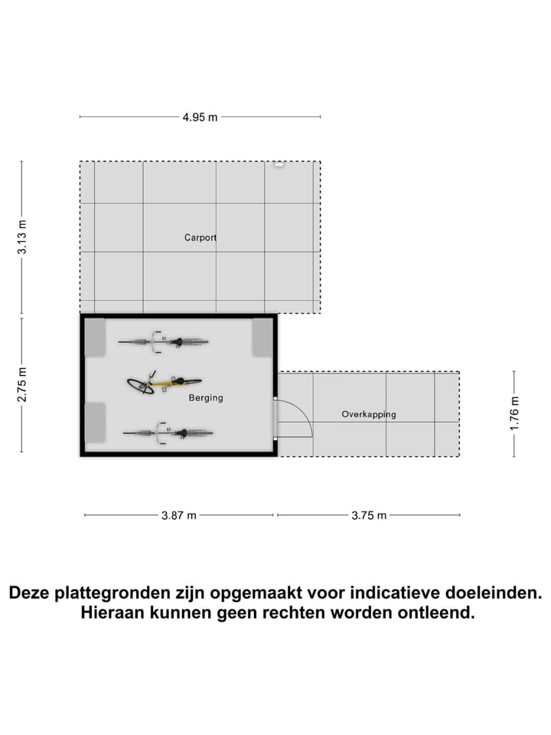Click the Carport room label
(x=201, y=237)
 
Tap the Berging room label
(x=206, y=398)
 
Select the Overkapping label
(x=369, y=414)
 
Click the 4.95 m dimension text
(x=200, y=117)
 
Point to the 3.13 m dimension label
(x=22, y=237)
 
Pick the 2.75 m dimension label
(x=22, y=385)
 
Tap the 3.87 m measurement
(x=179, y=515)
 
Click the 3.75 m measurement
(x=369, y=515)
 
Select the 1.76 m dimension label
(x=514, y=414)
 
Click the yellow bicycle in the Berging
(x=164, y=383)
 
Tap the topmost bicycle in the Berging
(x=164, y=341)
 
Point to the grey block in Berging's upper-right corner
(x=262, y=337)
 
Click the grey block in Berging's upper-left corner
(x=95, y=337)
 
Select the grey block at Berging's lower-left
(x=95, y=423)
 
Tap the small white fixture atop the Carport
(x=279, y=164)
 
